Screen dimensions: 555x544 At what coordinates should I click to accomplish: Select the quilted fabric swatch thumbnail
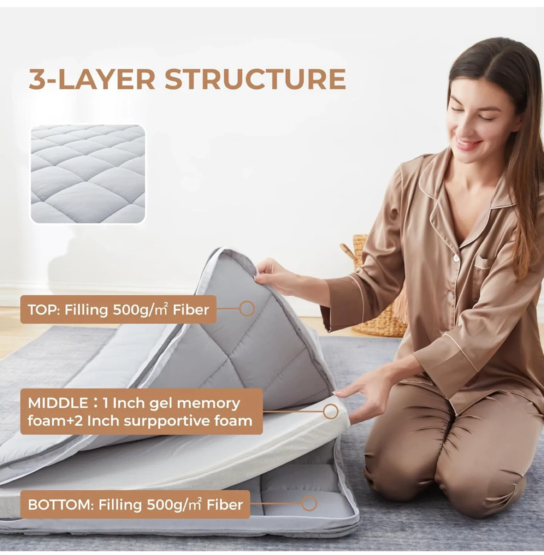pyautogui.click(x=88, y=174)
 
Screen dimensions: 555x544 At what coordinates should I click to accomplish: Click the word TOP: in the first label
pyautogui.click(x=43, y=309)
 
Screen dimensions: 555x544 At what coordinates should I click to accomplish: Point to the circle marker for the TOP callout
pyautogui.click(x=247, y=308)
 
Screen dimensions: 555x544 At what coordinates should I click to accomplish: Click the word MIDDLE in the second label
pyautogui.click(x=58, y=403)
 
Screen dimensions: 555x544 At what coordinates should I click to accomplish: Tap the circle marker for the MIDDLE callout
pyautogui.click(x=331, y=412)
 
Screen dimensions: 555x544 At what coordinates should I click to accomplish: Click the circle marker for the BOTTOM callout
pyautogui.click(x=309, y=503)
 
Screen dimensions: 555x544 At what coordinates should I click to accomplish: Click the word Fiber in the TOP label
pyautogui.click(x=190, y=309)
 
